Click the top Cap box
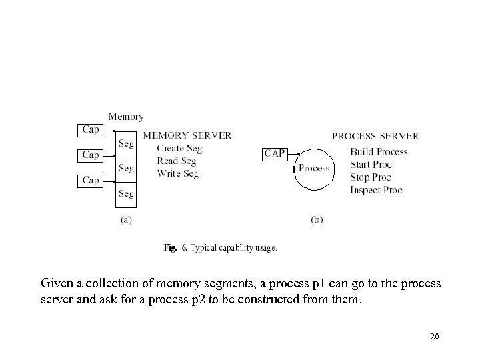pos(91,129)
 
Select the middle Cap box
pos(91,155)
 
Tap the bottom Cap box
pos(91,180)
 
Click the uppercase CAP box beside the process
pos(275,154)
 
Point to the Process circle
pos(314,168)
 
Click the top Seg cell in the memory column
pos(126,143)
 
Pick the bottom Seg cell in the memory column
pos(126,194)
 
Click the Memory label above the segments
pos(125,117)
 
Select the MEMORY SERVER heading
pos(187,135)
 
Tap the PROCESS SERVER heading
pos(375,136)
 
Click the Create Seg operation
pos(179,149)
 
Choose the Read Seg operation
pos(177,161)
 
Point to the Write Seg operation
pos(178,174)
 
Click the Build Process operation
pos(379,152)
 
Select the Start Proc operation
pos(371,165)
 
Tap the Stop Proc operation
pos(370,177)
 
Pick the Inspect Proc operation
pos(376,190)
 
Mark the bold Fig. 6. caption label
pos(175,248)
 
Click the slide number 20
pos(434,337)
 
